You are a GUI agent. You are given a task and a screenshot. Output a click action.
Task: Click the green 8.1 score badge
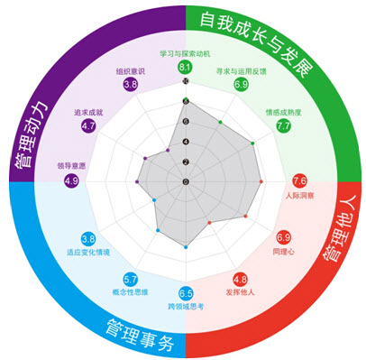185,68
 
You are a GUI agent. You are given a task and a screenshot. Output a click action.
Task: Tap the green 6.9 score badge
241,85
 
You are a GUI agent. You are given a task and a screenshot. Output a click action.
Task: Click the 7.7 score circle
283,126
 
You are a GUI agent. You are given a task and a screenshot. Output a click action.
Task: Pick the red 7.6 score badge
300,181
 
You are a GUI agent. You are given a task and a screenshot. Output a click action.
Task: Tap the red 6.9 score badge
283,237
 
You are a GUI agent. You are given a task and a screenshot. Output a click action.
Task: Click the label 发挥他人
241,291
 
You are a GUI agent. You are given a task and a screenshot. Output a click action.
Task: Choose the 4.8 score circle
241,278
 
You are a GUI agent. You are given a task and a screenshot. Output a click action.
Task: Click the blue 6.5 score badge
186,294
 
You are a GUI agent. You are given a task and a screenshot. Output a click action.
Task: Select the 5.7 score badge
131,278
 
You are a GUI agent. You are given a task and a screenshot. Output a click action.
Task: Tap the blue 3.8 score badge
88,238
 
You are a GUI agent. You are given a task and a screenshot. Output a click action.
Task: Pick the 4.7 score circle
88,126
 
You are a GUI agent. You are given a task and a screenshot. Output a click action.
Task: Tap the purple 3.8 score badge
130,84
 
